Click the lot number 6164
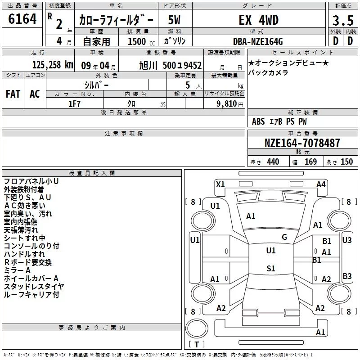pos(22,19)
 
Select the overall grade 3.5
pos(343,20)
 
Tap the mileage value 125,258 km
pos(53,65)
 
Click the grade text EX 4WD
pos(259,20)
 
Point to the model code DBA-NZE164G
pos(258,41)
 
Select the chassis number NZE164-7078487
pos(302,143)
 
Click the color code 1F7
pos(74,104)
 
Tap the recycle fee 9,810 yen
pos(230,104)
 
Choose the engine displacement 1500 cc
pos(141,41)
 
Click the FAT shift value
pos(13,94)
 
